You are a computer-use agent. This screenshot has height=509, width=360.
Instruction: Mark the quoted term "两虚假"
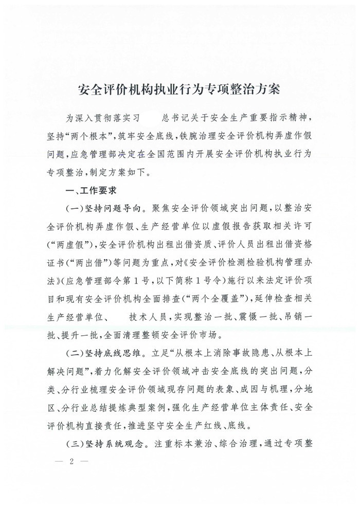pos(65,246)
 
